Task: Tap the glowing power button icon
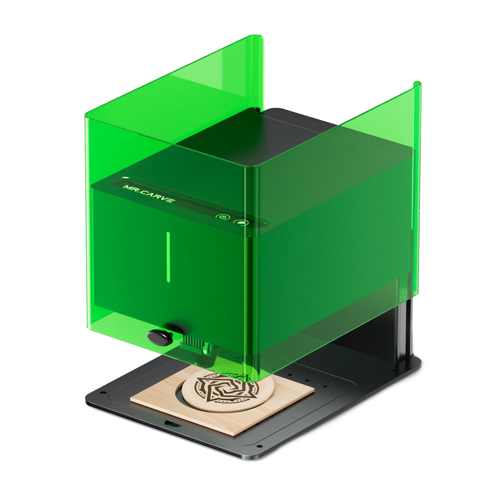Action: tap(222, 217)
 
